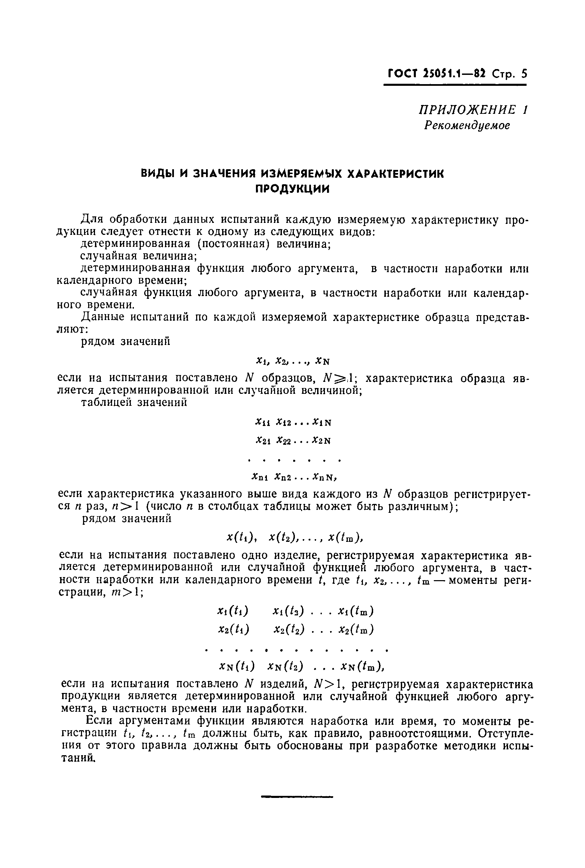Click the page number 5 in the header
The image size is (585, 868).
524,74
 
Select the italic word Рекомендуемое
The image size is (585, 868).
467,125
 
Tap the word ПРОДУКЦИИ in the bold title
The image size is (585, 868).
292,189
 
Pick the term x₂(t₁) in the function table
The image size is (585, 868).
233,629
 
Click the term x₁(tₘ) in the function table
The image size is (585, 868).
356,611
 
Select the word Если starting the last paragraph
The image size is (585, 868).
98,721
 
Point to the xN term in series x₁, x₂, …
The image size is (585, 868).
323,361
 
